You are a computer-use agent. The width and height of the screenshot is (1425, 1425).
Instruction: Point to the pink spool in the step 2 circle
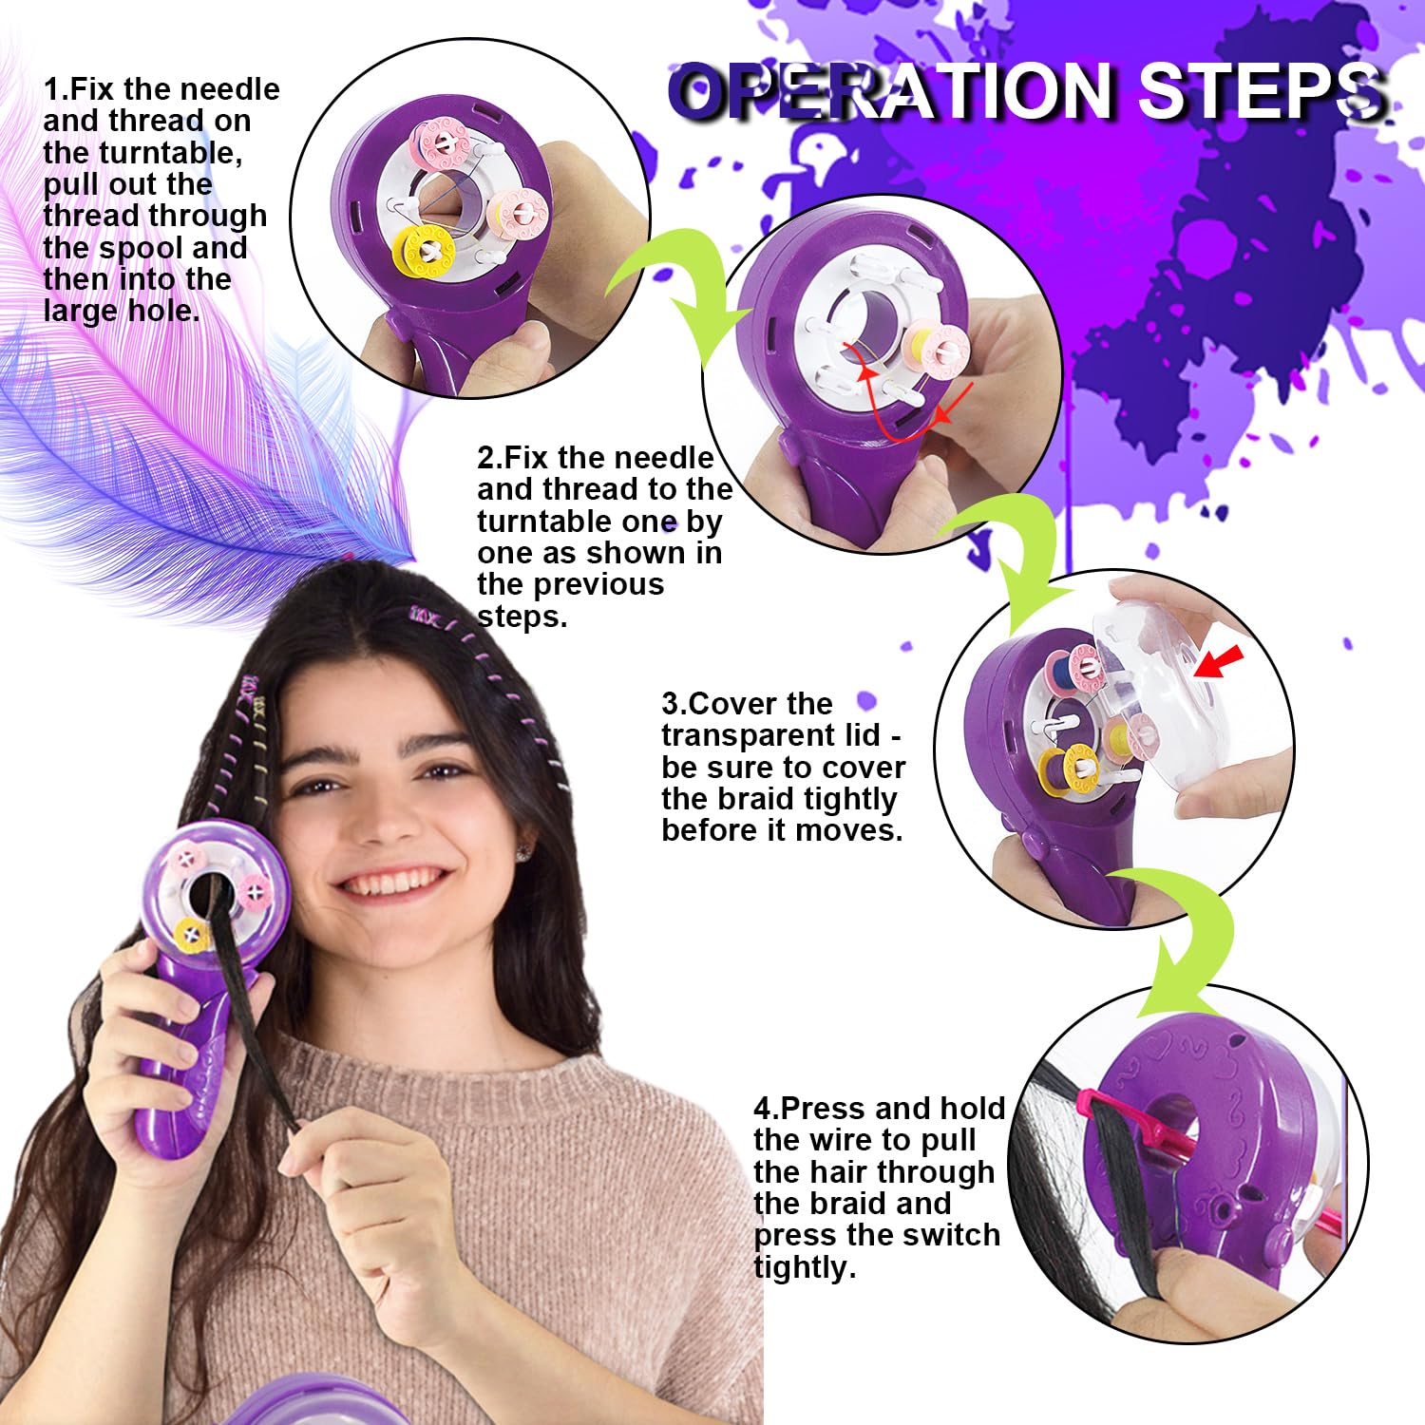935,350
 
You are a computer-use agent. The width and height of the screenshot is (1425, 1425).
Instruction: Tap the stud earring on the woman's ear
522,853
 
